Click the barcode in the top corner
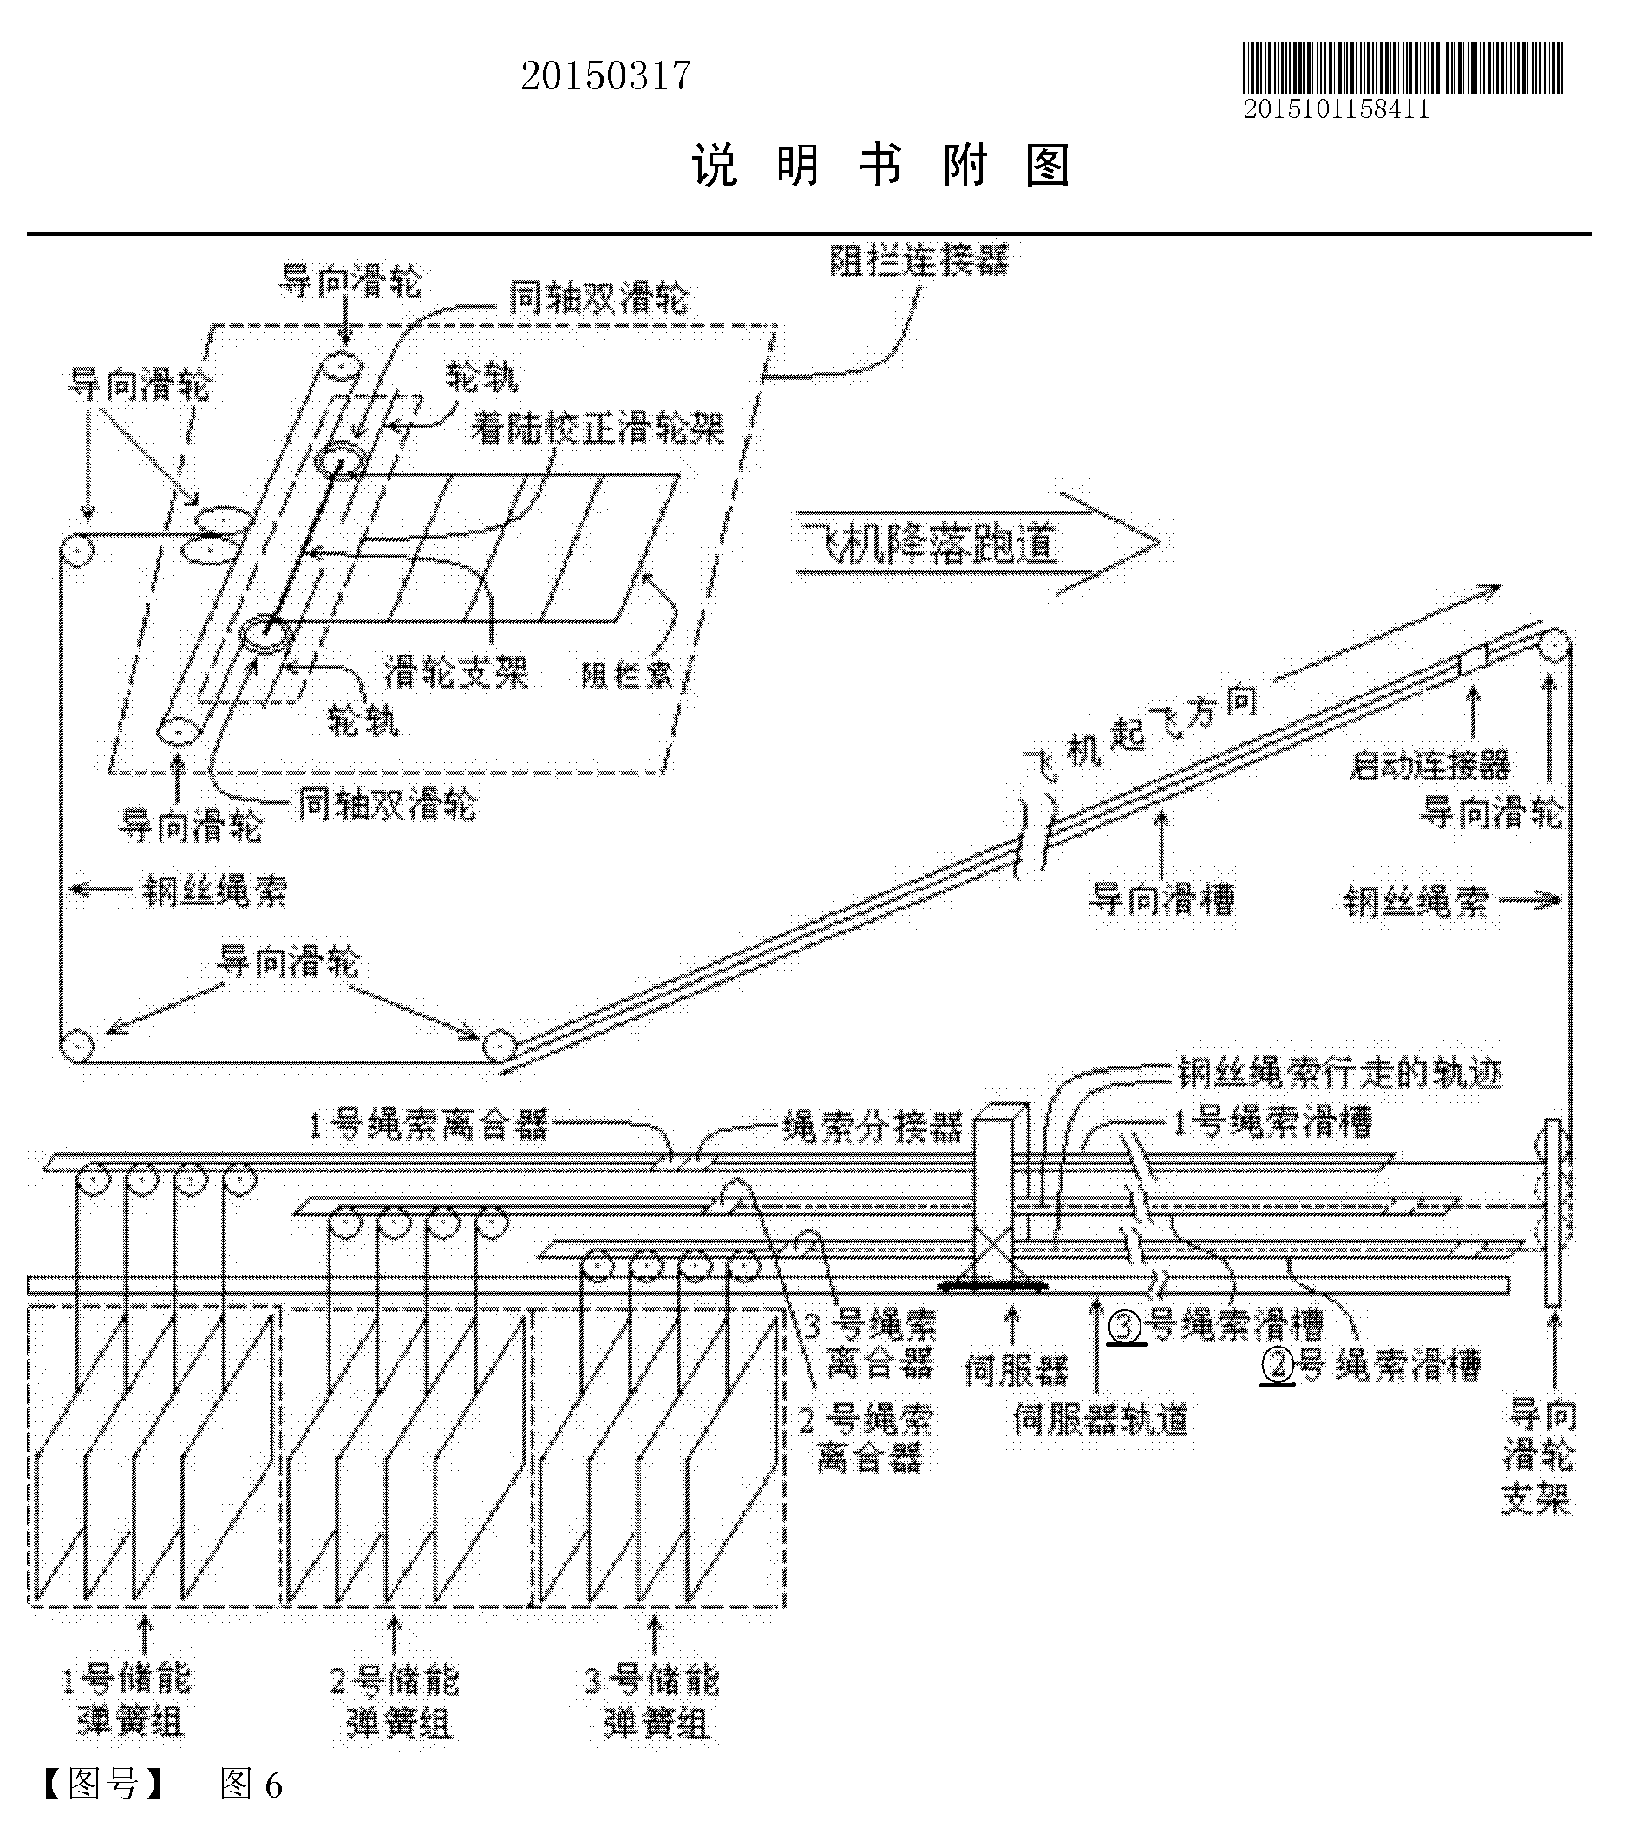[x=1402, y=68]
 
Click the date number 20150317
[x=605, y=76]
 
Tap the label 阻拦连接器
[x=919, y=261]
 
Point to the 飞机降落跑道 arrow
[x=976, y=544]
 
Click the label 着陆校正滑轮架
[x=598, y=427]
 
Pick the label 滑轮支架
[x=456, y=672]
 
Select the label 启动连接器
[x=1429, y=765]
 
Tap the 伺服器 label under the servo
[x=1016, y=1370]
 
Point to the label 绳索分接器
[x=873, y=1126]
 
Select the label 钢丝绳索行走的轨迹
[x=1339, y=1074]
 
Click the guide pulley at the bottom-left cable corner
[x=77, y=1047]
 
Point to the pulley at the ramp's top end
[x=1554, y=646]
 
